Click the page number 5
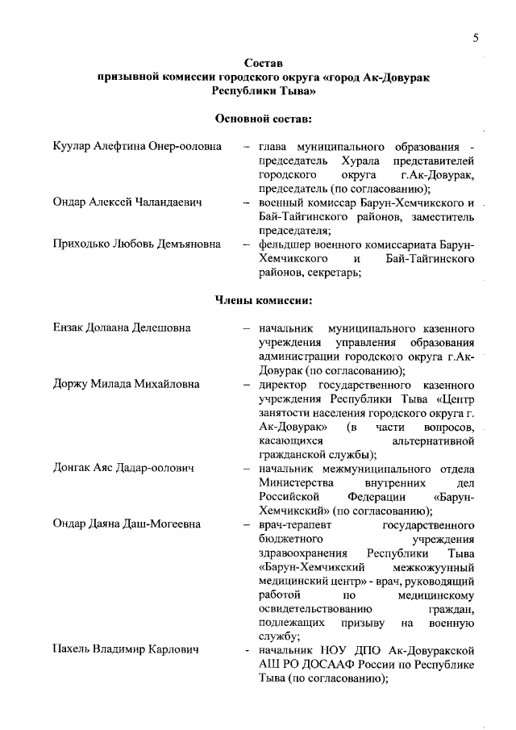point(476,39)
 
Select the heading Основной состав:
point(263,119)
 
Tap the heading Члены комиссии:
point(263,301)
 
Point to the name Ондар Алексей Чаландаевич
point(127,202)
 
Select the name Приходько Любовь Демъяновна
point(137,244)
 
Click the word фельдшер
point(285,244)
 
